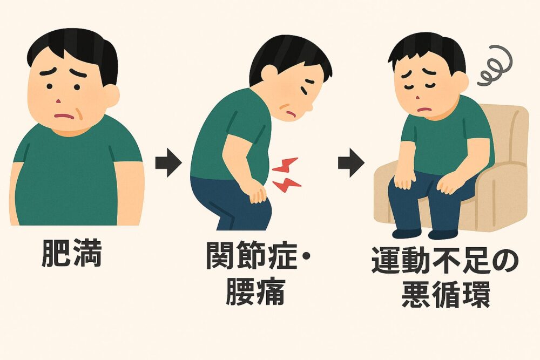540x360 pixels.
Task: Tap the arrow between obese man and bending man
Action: pos(168,162)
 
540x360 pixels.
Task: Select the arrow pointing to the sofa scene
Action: pos(351,162)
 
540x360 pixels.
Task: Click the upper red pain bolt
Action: pos(285,165)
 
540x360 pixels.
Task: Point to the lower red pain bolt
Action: pos(287,185)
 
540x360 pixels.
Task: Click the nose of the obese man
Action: pos(58,101)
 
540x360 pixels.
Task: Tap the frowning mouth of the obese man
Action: pos(65,116)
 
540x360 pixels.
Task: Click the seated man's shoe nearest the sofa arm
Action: pos(443,234)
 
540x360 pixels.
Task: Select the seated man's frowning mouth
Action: pos(425,110)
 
